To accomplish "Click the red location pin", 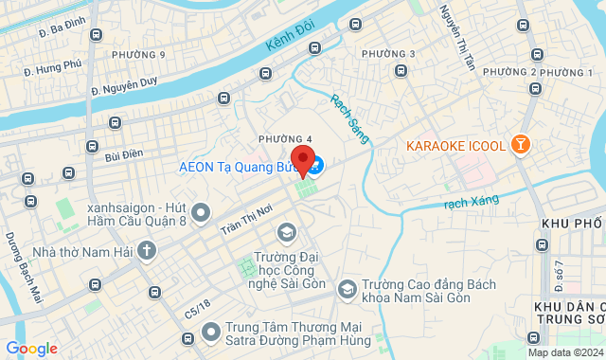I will point(302,159).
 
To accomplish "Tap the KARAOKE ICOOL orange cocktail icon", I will point(520,145).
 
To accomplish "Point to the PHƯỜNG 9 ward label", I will point(138,54).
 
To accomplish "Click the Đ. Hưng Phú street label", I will point(54,67).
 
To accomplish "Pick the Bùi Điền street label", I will point(124,153).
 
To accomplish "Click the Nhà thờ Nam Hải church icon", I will point(146,250).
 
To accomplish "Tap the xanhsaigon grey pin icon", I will point(200,214).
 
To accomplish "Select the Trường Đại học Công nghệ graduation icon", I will point(286,232).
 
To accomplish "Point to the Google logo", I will point(31,348).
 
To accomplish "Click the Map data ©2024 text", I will point(565,352).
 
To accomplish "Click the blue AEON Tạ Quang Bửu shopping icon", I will point(315,166).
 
